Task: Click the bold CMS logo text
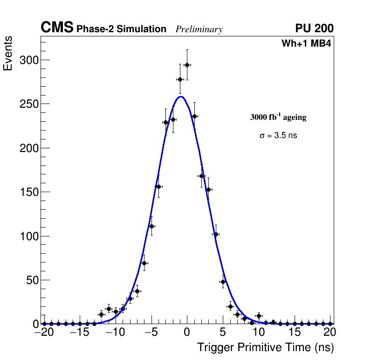pyautogui.click(x=57, y=28)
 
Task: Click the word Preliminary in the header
pyautogui.click(x=199, y=29)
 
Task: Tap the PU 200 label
pyautogui.click(x=314, y=28)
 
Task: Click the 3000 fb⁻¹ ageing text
pyautogui.click(x=278, y=117)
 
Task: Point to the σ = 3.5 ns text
pyautogui.click(x=278, y=136)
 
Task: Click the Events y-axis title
pyautogui.click(x=8, y=54)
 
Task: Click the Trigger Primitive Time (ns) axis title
pyautogui.click(x=265, y=347)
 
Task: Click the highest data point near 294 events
pyautogui.click(x=187, y=65)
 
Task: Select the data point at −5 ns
pyautogui.click(x=151, y=226)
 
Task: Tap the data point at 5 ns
pyautogui.click(x=223, y=282)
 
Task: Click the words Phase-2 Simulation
pyautogui.click(x=121, y=29)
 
